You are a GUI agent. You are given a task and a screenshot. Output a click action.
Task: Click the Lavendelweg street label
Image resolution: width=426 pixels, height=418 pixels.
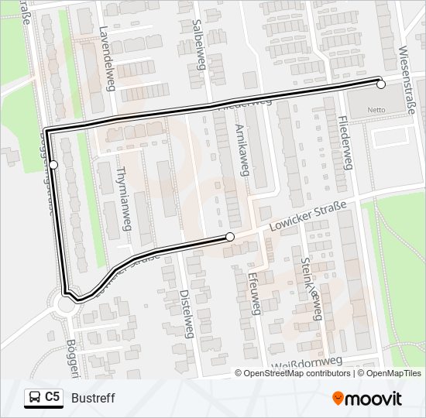point(107,60)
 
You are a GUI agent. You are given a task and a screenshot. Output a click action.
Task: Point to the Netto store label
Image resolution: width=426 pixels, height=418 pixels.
point(377,110)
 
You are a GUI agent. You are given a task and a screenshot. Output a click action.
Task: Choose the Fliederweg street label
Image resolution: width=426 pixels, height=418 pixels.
point(345,144)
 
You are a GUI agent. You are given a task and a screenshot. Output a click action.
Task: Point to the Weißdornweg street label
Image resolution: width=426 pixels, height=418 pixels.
point(307,362)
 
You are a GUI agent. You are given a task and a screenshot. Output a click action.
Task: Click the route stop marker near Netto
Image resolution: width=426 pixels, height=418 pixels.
point(380,84)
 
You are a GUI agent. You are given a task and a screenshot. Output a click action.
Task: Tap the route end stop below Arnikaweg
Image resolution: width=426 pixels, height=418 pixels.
point(230,237)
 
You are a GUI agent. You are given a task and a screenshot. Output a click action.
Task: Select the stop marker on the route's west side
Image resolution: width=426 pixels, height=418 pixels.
point(53,164)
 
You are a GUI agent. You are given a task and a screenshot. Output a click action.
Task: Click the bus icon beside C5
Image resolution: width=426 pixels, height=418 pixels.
point(34,398)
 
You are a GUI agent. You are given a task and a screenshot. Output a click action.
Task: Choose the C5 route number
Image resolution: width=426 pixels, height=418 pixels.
point(53,397)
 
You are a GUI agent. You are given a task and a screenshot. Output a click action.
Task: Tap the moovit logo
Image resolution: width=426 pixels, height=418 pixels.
point(367,399)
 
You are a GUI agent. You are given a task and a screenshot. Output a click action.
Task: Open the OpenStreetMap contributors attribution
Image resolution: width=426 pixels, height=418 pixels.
point(294,373)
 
